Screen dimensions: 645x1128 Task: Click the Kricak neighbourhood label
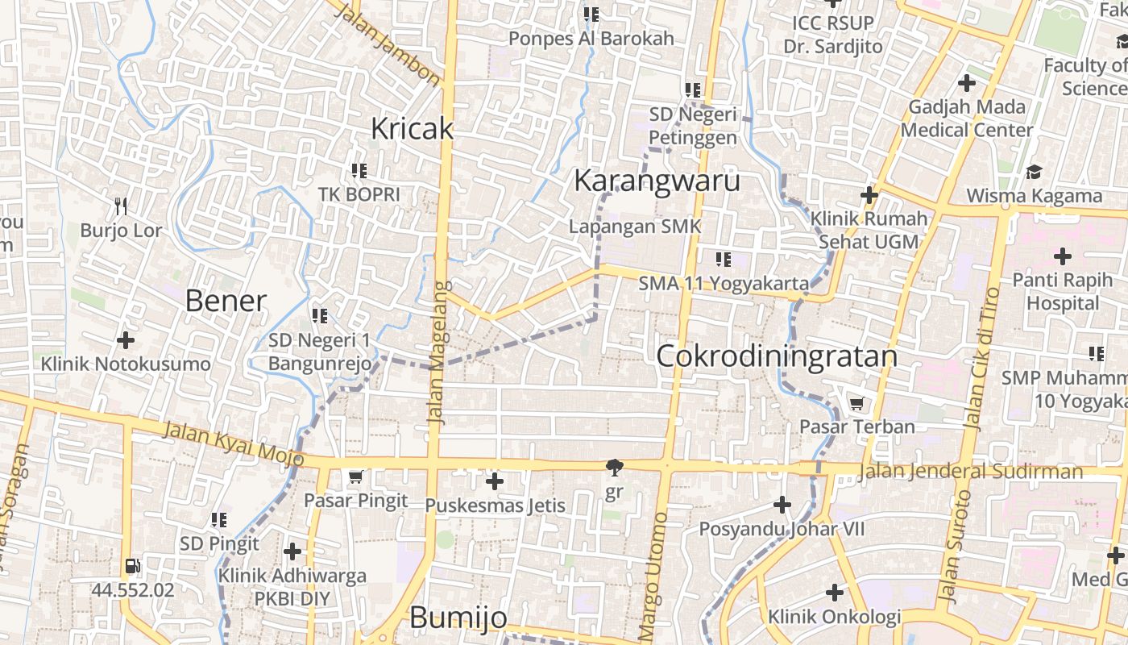click(412, 128)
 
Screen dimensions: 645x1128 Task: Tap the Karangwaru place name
click(657, 181)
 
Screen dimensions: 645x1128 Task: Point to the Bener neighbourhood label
click(226, 301)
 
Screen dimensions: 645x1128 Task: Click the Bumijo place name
click(458, 618)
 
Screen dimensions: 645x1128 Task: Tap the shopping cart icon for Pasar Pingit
click(355, 477)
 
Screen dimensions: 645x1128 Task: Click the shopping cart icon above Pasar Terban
click(856, 403)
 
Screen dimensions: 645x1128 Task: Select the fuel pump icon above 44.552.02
click(133, 567)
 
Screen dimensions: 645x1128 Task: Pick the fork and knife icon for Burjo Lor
click(121, 206)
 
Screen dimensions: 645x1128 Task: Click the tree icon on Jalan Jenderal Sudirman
click(614, 468)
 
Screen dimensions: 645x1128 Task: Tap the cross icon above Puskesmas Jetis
click(495, 482)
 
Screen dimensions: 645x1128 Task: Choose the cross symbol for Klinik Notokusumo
click(125, 340)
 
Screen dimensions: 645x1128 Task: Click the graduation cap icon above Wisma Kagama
click(1034, 172)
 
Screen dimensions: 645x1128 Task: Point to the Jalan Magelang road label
click(438, 353)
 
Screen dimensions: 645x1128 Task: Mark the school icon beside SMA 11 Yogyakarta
click(723, 260)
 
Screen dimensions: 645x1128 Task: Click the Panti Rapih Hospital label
click(1062, 291)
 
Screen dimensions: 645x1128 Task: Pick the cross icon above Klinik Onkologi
click(834, 593)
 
